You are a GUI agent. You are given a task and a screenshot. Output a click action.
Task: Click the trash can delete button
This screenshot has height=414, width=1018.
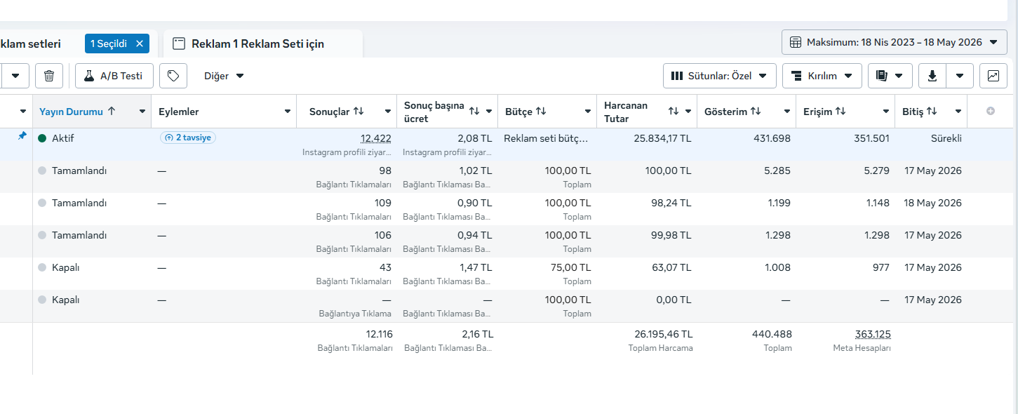click(49, 76)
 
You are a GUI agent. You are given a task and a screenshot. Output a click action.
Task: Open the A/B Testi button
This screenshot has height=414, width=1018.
click(114, 76)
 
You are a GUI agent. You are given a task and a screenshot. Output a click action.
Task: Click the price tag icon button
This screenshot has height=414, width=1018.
click(173, 76)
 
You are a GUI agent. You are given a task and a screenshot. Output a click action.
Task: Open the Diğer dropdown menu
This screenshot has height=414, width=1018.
click(224, 76)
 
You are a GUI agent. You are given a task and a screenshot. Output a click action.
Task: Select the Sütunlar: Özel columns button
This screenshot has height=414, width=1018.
click(719, 76)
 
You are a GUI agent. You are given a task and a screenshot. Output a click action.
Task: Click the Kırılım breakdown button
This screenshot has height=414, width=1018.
click(822, 76)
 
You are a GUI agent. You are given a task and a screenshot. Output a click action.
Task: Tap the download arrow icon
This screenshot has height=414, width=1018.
click(932, 76)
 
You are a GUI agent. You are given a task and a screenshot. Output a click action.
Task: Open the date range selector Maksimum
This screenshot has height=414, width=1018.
click(894, 42)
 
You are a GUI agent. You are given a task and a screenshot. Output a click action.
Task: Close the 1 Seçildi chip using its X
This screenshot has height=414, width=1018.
click(140, 44)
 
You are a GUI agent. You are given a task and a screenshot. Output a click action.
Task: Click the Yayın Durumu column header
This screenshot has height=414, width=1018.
click(71, 112)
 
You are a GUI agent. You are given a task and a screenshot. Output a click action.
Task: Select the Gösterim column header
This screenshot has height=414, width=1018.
click(725, 112)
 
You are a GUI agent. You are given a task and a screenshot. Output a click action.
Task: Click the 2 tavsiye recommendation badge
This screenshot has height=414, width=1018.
click(188, 138)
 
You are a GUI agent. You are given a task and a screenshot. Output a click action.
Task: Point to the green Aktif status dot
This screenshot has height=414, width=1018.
click(42, 138)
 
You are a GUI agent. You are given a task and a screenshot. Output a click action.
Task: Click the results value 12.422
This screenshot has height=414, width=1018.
click(375, 138)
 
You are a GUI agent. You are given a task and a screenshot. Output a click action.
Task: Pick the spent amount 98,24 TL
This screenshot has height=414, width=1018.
click(671, 203)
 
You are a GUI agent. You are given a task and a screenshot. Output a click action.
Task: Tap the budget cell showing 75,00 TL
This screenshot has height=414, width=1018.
click(571, 267)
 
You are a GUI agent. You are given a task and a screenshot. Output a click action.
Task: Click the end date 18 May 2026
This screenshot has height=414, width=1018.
click(932, 203)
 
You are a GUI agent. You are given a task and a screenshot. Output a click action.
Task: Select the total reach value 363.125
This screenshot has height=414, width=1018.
click(873, 334)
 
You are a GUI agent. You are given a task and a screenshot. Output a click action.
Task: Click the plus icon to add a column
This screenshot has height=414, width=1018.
click(991, 112)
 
